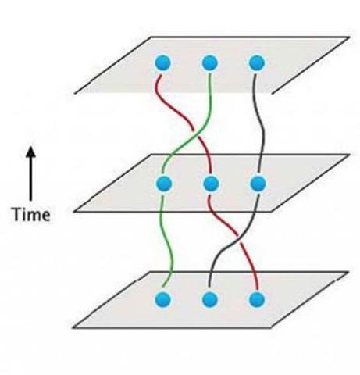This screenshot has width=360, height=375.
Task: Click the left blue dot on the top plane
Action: (163, 63)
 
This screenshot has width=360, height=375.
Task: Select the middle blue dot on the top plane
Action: (210, 63)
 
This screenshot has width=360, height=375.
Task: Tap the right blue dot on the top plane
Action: (257, 63)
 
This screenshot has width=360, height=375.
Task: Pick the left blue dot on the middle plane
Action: (164, 184)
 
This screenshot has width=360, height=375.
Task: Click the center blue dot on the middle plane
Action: (211, 184)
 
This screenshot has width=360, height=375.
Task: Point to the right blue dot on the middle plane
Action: (258, 184)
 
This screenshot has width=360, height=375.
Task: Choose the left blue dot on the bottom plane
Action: (163, 299)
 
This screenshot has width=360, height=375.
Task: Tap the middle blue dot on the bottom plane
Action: (210, 299)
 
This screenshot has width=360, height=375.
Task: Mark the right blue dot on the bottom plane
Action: (257, 299)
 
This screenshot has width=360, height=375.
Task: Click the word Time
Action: (31, 215)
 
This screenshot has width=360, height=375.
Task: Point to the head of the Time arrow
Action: (30, 147)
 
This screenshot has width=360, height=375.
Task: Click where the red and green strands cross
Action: (196, 134)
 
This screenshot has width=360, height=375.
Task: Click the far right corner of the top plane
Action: (349, 37)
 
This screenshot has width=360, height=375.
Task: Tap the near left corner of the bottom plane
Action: (73, 327)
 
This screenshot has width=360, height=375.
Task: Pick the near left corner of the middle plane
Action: (74, 212)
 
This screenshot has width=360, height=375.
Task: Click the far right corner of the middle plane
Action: (349, 155)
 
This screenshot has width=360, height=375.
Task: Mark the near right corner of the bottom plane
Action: (271, 327)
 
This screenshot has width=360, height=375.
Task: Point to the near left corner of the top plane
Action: (75, 93)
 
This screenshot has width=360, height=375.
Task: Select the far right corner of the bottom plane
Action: (348, 272)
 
